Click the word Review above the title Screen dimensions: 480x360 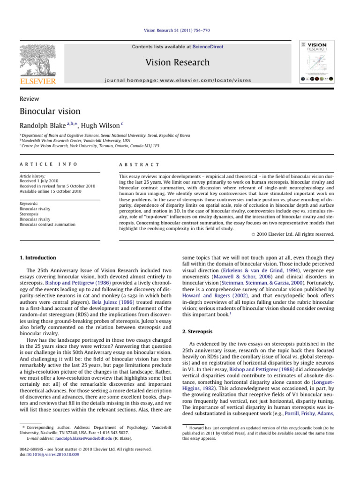[30, 98]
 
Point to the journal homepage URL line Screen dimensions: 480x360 [180, 80]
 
